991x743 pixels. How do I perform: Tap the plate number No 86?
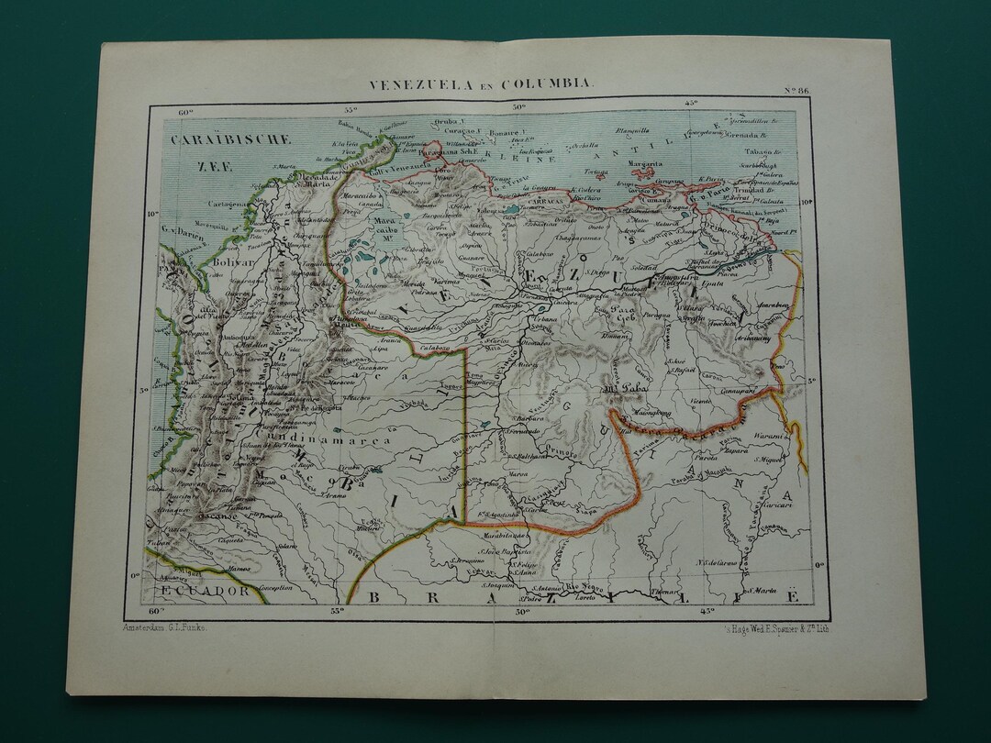click(x=796, y=90)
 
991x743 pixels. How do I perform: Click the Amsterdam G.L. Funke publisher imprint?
click(x=165, y=626)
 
